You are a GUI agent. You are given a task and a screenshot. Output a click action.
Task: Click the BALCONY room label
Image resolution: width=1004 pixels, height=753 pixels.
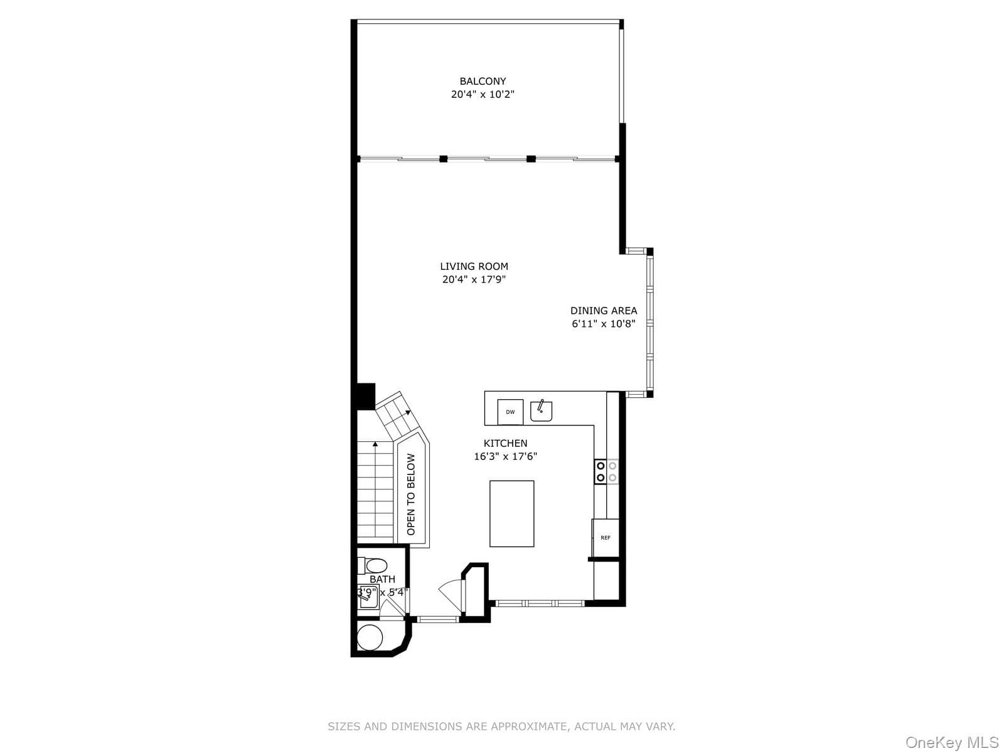click(483, 82)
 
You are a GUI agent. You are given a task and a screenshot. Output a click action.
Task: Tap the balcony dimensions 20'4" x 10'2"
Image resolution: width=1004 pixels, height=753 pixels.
click(483, 95)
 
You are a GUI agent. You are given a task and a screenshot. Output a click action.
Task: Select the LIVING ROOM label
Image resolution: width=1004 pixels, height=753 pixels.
click(474, 266)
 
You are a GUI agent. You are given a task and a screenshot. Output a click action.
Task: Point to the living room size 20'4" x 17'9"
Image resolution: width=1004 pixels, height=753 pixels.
click(474, 279)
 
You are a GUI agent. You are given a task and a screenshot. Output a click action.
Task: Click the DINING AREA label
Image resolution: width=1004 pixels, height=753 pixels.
click(603, 311)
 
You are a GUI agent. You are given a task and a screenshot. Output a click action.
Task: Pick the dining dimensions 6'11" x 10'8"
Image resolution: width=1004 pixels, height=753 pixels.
click(603, 324)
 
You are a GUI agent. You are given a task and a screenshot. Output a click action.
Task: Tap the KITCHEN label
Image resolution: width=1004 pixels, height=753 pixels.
click(505, 443)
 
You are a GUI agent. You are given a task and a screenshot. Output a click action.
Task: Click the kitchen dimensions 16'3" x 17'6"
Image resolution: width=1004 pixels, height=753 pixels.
click(505, 456)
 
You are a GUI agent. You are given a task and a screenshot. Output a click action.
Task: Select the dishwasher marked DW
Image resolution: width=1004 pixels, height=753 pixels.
click(510, 412)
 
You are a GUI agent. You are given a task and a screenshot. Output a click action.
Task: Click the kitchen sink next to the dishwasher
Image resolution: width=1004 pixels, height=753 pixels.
click(541, 410)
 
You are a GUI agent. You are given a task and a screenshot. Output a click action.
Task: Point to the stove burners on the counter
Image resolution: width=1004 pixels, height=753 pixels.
click(606, 472)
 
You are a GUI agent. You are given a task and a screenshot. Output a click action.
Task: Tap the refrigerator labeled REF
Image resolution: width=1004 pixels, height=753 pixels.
click(605, 538)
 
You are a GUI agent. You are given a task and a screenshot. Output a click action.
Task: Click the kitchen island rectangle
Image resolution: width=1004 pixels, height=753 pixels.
click(511, 513)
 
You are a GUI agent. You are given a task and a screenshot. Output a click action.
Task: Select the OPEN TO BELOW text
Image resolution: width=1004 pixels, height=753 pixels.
click(411, 494)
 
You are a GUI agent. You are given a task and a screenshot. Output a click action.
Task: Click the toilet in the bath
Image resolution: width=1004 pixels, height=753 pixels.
click(372, 565)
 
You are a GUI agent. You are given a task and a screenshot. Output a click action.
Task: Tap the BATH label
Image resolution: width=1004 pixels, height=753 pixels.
click(382, 579)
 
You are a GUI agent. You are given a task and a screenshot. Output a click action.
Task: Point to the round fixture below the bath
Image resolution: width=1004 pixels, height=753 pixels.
click(369, 637)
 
